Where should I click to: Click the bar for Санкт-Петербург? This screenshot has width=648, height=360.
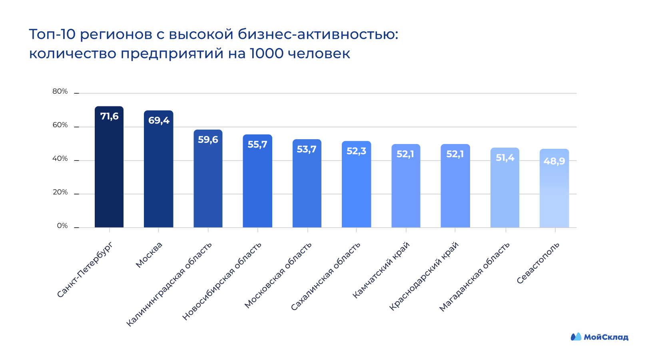tap(109, 168)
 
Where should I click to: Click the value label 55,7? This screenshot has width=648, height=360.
tap(257, 144)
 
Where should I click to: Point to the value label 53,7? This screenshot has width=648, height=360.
tap(307, 149)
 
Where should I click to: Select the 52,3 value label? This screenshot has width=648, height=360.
tap(356, 151)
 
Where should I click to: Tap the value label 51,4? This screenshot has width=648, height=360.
tap(505, 158)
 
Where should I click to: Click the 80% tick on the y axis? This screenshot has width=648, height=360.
tap(60, 91)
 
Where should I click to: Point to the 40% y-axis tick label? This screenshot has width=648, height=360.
tap(60, 158)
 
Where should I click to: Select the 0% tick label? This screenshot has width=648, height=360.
tap(62, 226)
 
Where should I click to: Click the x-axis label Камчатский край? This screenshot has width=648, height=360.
tap(381, 270)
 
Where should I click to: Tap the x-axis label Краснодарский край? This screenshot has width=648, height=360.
tap(424, 276)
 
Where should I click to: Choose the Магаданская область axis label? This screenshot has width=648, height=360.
tap(475, 277)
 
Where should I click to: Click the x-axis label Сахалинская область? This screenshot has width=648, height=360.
tap(325, 276)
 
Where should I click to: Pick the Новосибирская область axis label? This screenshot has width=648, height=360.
tap(222, 281)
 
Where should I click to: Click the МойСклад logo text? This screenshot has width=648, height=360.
tap(606, 337)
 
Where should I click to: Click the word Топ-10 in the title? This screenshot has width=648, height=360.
tap(52, 34)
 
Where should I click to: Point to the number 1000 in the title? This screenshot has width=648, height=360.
tap(267, 53)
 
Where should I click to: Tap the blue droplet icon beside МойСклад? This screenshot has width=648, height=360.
tap(576, 337)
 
